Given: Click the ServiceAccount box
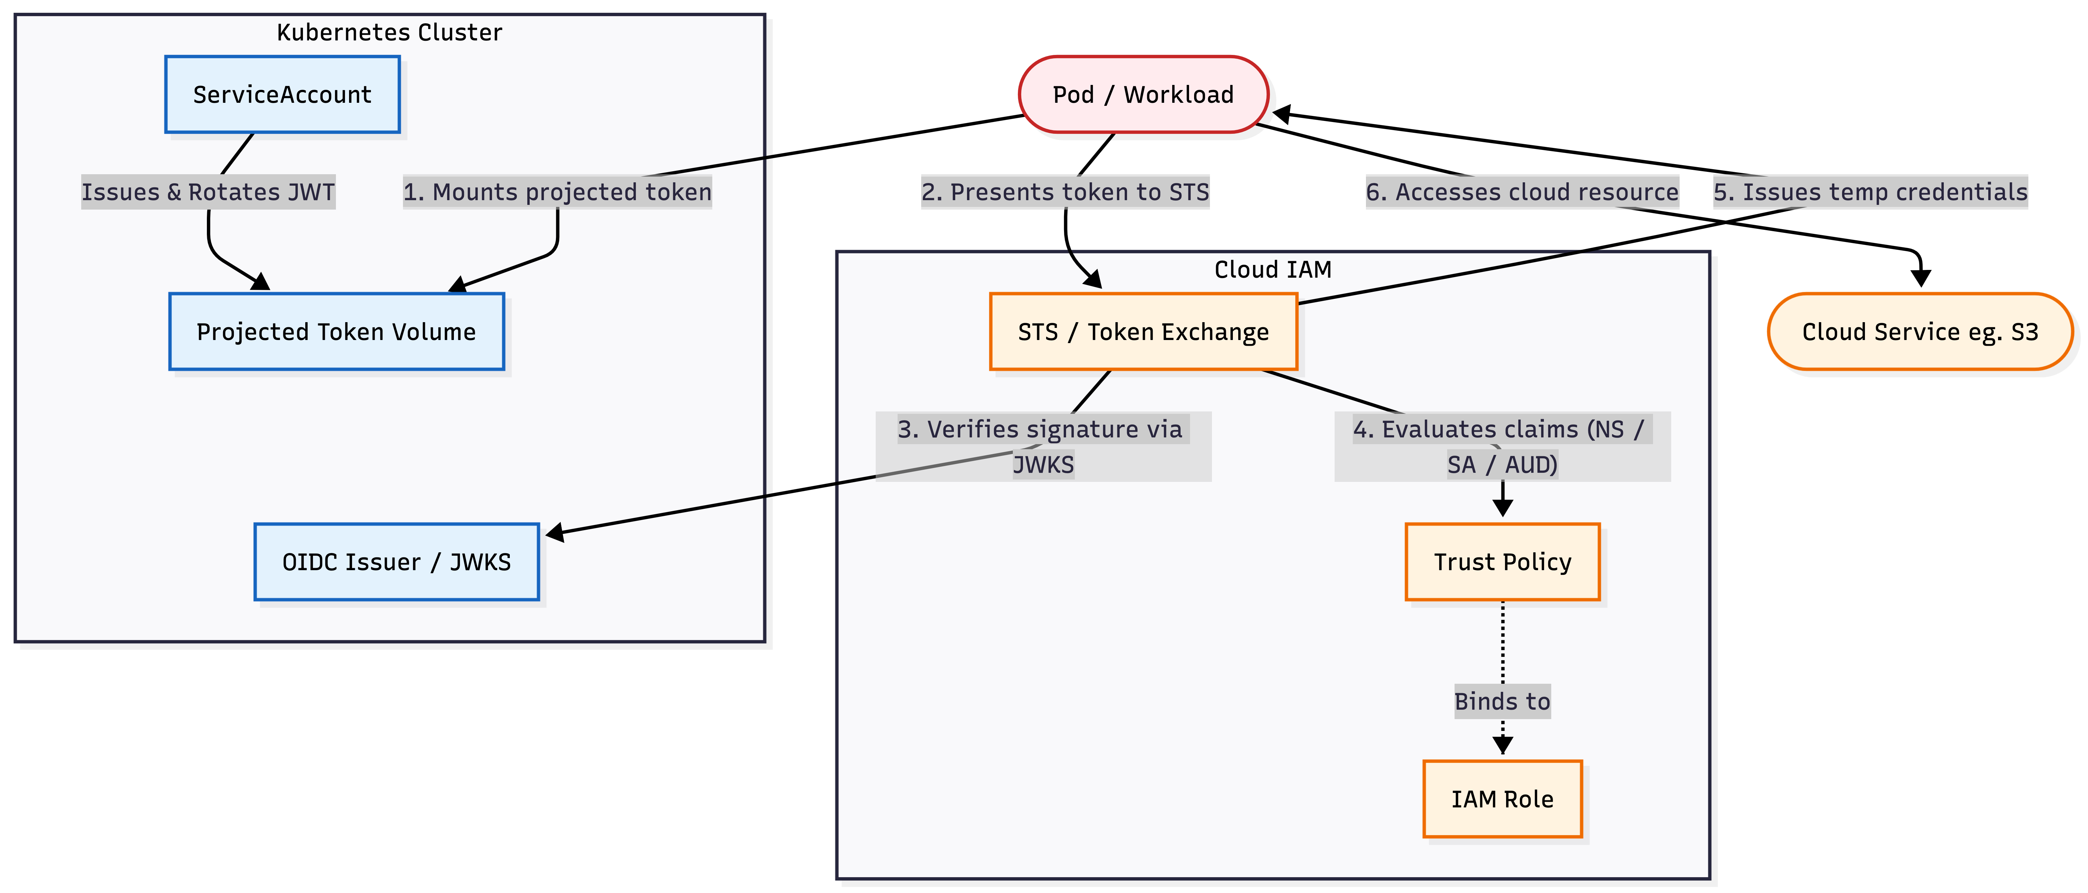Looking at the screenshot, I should click(x=282, y=95).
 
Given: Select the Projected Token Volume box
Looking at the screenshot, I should click(x=336, y=332).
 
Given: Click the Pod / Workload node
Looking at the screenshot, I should click(x=1143, y=95).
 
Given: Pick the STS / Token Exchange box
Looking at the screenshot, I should click(x=1143, y=332).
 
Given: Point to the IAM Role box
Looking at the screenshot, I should click(x=1502, y=799).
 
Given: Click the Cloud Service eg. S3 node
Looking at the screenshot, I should click(x=1920, y=332).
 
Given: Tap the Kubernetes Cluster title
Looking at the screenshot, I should click(x=389, y=32).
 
